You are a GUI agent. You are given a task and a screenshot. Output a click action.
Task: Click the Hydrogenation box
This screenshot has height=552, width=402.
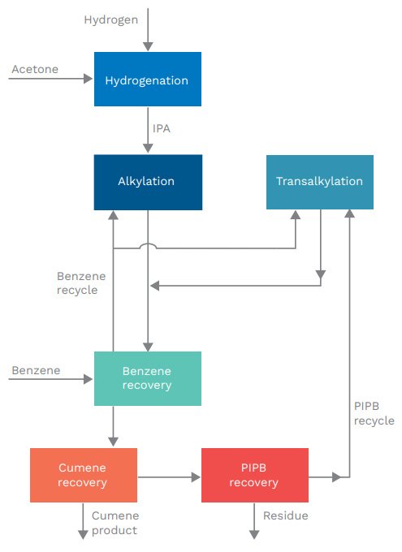point(147,80)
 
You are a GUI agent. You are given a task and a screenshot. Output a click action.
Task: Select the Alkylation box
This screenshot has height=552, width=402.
point(147,182)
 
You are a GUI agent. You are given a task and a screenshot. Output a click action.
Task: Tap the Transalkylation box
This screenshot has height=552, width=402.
point(320,182)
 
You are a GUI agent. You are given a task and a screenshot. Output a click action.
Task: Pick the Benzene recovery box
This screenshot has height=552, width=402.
point(147,378)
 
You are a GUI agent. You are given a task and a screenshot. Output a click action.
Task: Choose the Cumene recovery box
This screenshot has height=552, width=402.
point(83,475)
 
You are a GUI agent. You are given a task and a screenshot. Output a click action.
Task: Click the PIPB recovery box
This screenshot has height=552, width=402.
point(254,475)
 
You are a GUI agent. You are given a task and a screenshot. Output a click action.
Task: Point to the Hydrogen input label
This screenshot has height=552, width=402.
point(111,19)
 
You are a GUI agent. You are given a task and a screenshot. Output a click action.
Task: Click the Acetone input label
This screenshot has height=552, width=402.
point(35,69)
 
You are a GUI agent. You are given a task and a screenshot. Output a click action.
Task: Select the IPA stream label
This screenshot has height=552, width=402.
point(162,128)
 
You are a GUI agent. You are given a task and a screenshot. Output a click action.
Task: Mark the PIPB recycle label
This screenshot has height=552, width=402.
point(374,413)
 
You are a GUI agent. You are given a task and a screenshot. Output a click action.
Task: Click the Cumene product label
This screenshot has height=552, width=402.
point(115,523)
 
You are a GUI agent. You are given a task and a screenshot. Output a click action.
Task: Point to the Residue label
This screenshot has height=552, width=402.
point(286,515)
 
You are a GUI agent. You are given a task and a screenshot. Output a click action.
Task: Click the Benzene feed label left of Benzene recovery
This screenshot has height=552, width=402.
point(36,370)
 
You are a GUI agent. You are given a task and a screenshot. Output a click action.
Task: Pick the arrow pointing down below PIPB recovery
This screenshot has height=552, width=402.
point(254,520)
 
